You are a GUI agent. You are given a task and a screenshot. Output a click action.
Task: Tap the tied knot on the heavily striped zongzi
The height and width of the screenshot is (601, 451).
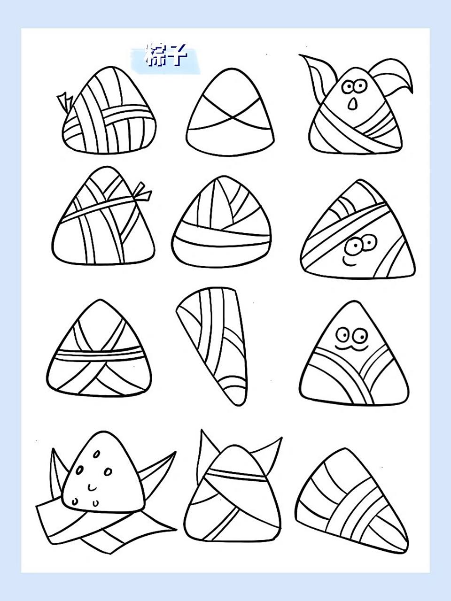(65, 102)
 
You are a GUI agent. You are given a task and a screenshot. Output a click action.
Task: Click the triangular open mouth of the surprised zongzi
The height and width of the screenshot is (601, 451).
(352, 104)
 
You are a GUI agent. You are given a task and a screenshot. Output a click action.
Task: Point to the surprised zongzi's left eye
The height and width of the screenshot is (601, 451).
(348, 87)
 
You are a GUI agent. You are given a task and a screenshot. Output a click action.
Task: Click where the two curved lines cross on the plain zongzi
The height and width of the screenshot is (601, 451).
(232, 118)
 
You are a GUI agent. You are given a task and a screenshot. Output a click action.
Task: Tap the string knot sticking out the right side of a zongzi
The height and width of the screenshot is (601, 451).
(141, 193)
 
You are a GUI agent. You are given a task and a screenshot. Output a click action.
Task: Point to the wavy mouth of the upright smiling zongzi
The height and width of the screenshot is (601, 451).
(351, 348)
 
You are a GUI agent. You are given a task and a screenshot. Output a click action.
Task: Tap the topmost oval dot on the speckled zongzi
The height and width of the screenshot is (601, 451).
(96, 454)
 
